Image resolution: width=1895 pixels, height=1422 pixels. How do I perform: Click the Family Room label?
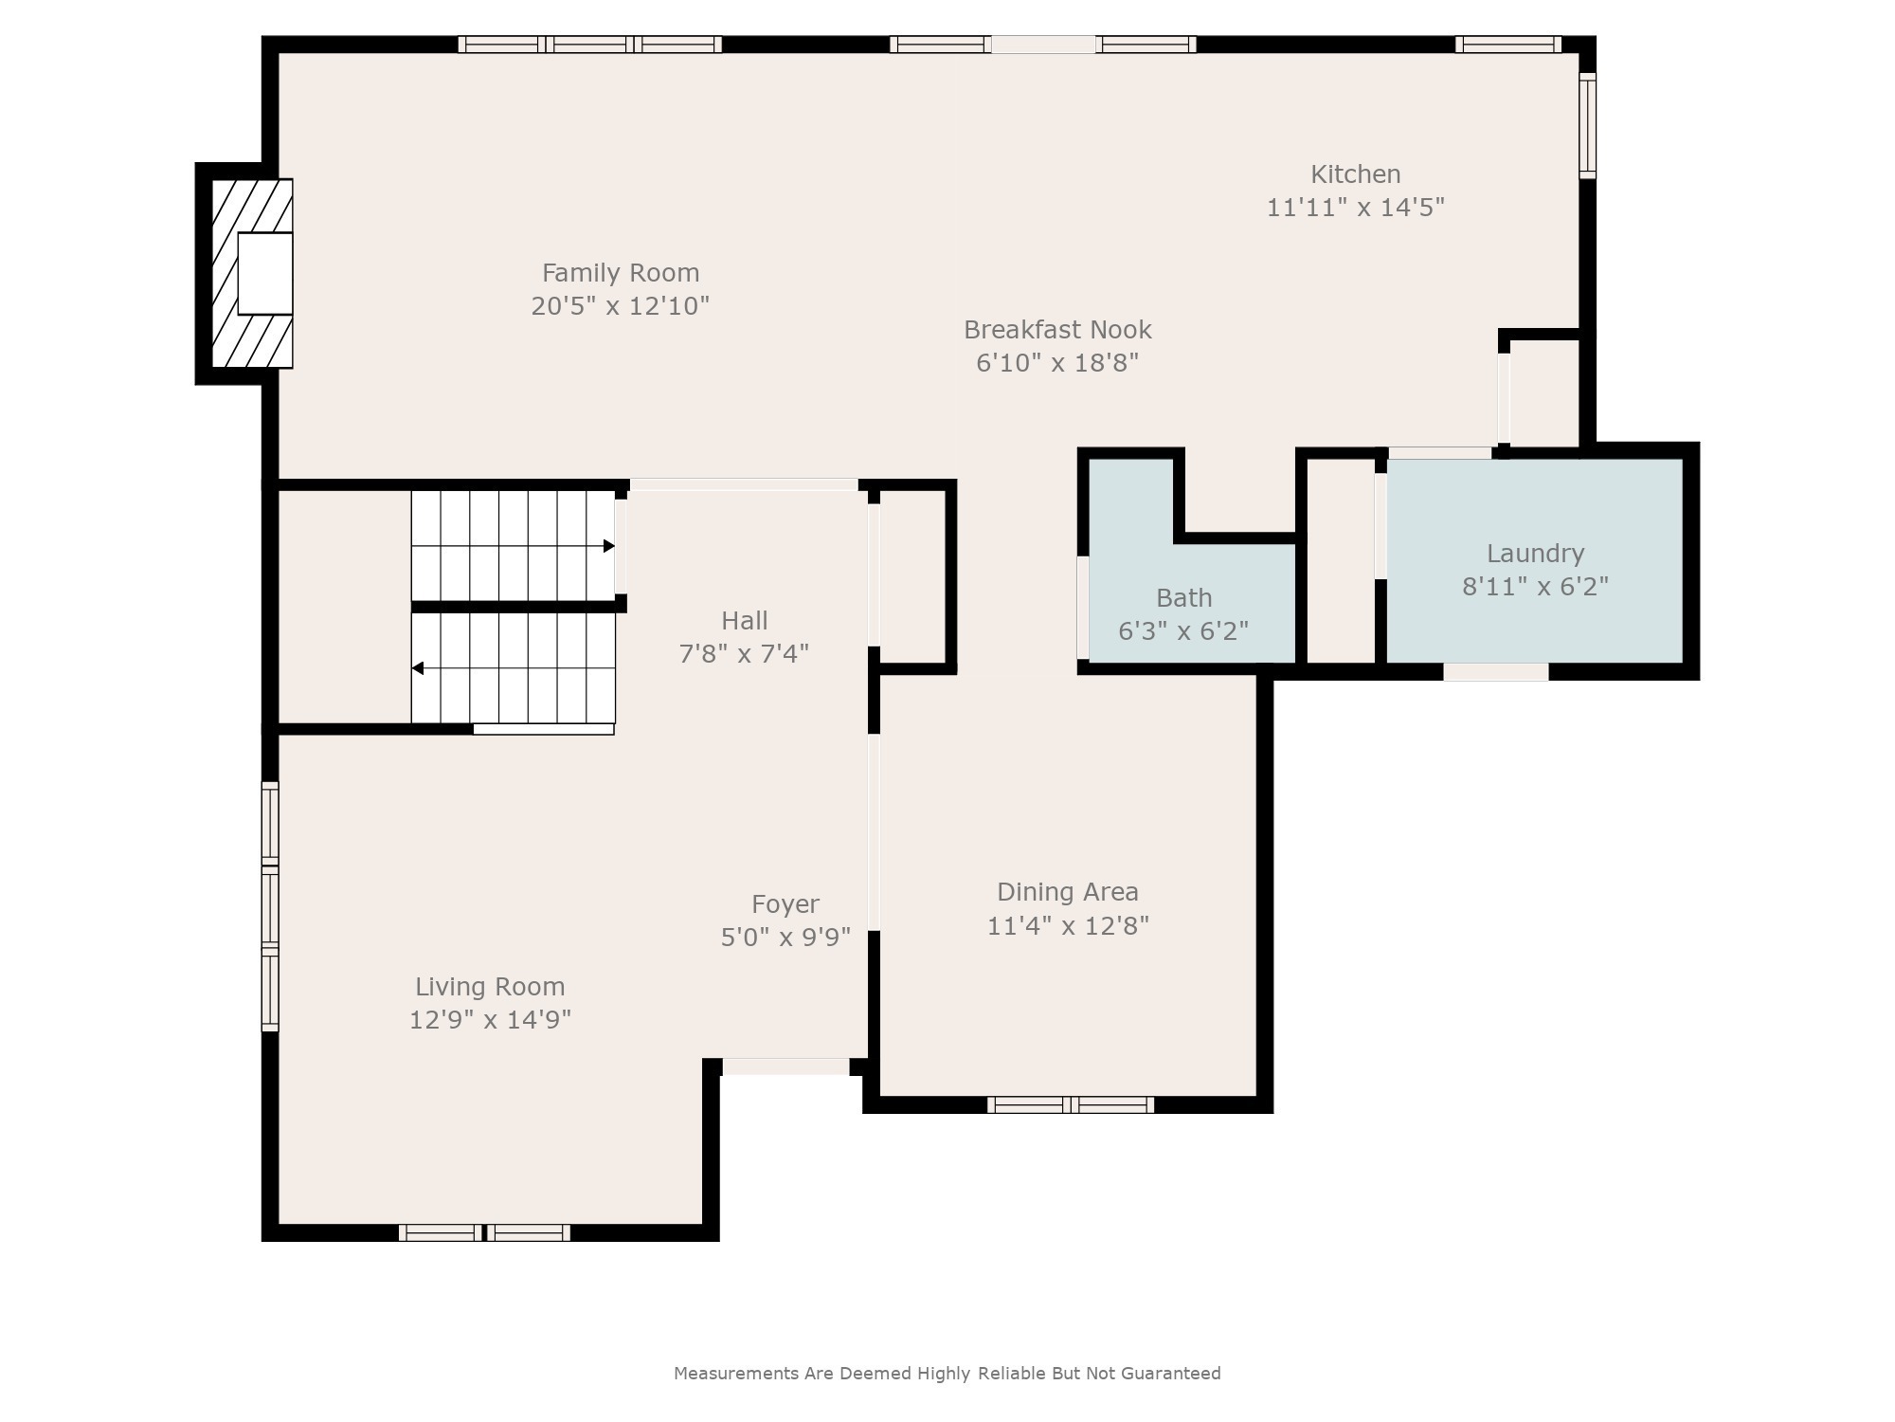[x=621, y=273]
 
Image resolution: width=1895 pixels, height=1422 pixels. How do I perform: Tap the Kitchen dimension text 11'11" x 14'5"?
[x=1355, y=208]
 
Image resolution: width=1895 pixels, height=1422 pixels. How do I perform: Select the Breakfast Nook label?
[x=1057, y=330]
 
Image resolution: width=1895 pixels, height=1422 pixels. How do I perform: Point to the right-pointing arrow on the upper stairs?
[x=608, y=546]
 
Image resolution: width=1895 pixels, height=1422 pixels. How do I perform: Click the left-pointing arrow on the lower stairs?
[x=418, y=668]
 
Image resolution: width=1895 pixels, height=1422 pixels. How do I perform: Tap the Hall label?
[x=744, y=621]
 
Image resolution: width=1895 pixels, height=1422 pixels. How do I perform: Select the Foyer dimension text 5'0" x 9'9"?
[x=785, y=938]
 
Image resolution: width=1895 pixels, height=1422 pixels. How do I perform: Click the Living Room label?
[x=490, y=987]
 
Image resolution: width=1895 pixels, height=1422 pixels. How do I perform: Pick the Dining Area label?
[x=1067, y=892]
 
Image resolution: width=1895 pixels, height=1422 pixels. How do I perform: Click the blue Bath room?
[x=1184, y=607]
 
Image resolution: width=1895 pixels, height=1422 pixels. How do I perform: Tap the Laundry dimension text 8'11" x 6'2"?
[x=1535, y=587]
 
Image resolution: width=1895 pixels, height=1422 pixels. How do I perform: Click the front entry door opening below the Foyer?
[x=785, y=1066]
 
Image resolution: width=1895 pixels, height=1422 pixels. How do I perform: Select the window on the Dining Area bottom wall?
[x=1070, y=1104]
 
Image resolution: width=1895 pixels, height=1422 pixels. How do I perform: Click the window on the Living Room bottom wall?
[x=484, y=1232]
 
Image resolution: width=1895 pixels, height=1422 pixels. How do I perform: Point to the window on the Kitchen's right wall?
[x=1587, y=125]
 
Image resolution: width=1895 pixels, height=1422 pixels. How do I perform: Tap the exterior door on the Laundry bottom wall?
[x=1495, y=672]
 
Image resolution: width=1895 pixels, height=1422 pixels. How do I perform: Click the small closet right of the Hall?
[x=912, y=578]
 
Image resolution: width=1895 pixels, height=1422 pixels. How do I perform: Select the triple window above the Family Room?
[x=589, y=45]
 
